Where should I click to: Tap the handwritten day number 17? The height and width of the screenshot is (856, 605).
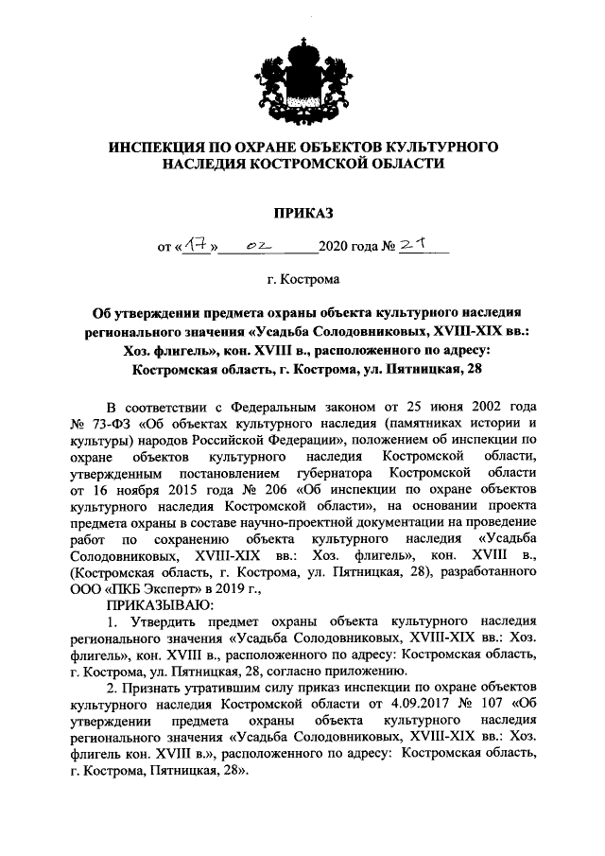coord(198,247)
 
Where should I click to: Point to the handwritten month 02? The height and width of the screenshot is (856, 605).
coord(256,248)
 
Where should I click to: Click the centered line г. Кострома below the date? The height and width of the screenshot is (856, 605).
coord(302,281)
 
